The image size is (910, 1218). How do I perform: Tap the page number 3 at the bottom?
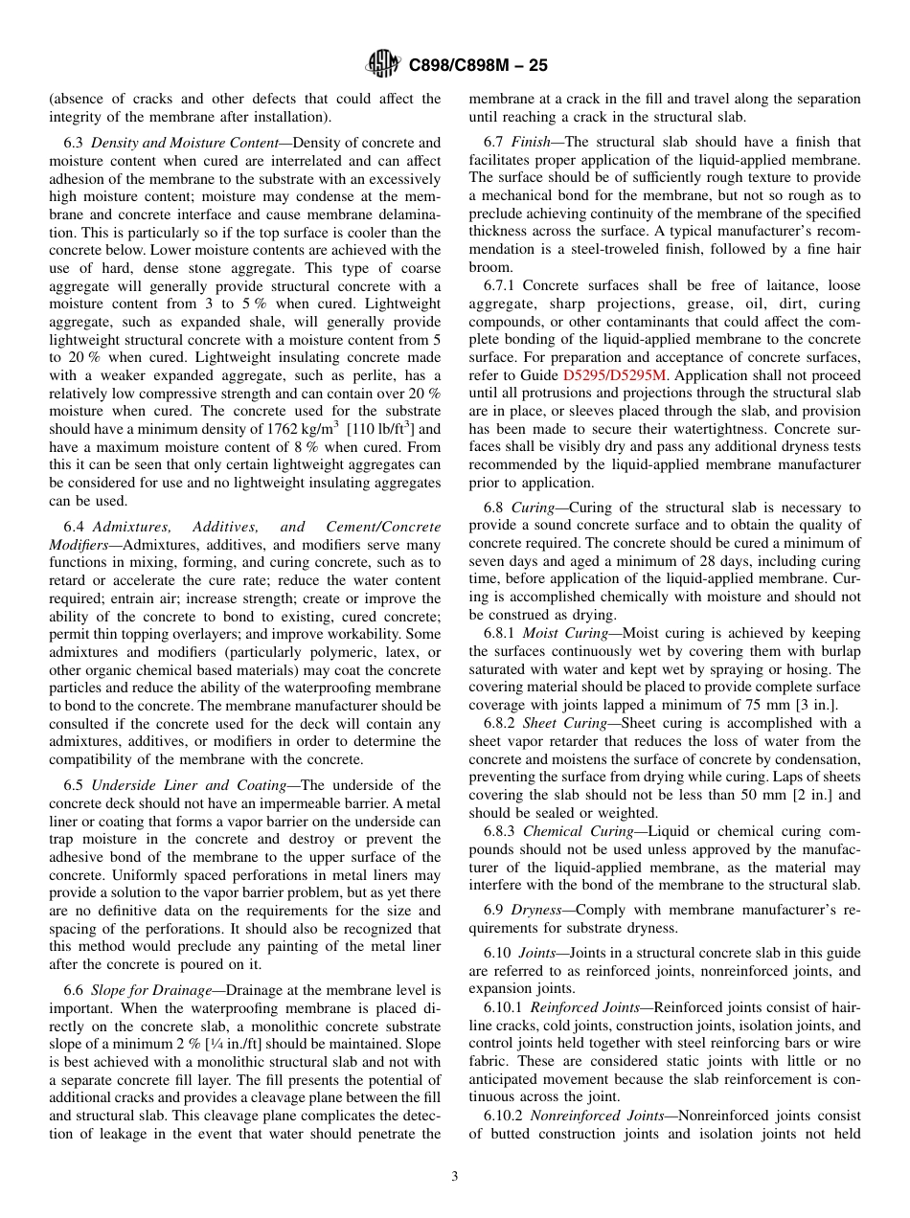(455, 1176)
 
